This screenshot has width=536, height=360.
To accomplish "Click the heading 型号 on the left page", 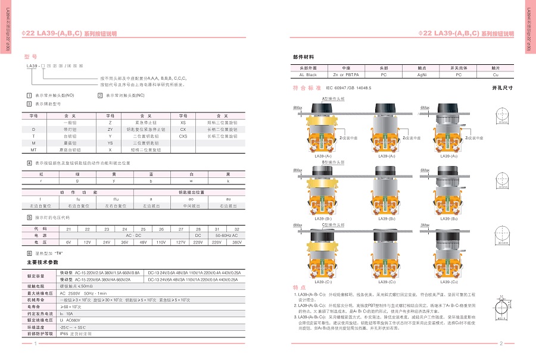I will click(30, 56).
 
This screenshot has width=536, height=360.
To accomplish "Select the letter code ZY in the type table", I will click(110, 129).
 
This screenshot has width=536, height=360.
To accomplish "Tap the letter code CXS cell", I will click(183, 136).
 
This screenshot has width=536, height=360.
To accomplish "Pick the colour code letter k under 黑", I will click(228, 180).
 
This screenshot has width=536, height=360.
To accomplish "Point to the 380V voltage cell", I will click(236, 242).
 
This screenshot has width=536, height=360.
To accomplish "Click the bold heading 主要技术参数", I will click(43, 262).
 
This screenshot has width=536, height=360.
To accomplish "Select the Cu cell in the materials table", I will click(496, 75).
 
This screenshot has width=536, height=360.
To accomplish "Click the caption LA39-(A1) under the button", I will click(322, 156).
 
